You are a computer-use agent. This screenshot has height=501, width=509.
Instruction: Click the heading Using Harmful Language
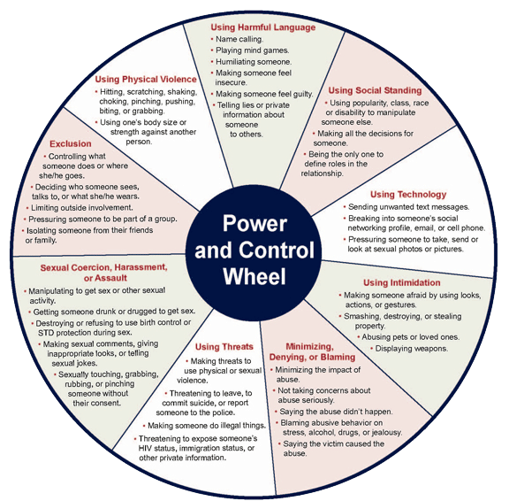pos(263,27)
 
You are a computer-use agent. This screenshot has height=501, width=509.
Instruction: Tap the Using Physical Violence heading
pos(146,80)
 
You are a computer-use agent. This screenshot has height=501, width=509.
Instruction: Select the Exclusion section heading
pos(71,143)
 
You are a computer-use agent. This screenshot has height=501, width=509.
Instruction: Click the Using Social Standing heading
pos(375,90)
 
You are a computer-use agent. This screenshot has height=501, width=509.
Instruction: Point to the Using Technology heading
pos(408,195)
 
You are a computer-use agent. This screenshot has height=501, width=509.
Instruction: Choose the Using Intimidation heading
pos(402,282)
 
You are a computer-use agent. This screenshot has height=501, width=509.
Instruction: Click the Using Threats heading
pos(224,347)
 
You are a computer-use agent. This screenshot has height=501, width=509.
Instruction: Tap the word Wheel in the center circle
pos(254,276)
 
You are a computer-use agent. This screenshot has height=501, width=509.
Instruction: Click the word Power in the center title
pos(254,224)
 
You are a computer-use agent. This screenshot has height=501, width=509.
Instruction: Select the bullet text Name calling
pos(239,39)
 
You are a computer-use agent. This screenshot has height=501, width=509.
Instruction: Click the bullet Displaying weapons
pos(412,349)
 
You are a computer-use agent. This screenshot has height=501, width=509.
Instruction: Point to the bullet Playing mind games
pos(252,50)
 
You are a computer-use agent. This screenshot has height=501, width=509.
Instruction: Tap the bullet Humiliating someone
pos(254,62)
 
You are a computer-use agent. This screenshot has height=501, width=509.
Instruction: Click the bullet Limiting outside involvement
pos(82,208)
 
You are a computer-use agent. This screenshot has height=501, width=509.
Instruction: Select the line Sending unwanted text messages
pos(408,207)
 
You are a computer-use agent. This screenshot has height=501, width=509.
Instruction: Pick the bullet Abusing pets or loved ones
pos(411,337)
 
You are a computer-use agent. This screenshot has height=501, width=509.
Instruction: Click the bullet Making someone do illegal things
pos(207,426)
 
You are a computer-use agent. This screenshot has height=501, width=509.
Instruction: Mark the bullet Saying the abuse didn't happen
pos(336,412)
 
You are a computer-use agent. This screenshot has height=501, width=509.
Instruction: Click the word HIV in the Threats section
pos(145,448)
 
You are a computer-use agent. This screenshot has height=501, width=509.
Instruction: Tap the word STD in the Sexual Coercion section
pos(45,333)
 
